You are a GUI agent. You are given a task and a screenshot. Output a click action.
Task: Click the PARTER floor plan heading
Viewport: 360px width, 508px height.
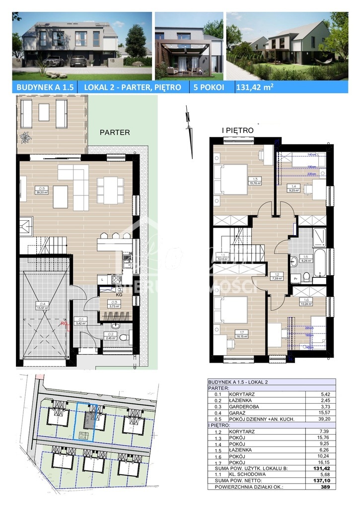coord(115,132)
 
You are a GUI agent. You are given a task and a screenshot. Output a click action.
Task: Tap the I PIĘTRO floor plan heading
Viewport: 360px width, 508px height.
coord(237,130)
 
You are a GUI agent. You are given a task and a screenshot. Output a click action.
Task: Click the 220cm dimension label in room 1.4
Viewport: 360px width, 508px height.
coord(311,174)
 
